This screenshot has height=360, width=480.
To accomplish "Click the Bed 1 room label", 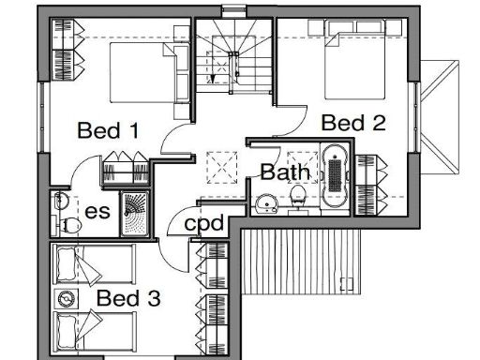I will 109,129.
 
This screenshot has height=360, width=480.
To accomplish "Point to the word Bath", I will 282,172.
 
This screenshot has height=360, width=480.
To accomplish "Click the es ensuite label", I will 97,212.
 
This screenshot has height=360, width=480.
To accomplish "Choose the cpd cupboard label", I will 203,224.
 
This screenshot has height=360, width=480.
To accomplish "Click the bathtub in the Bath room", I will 333,175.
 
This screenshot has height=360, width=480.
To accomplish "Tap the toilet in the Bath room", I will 298,196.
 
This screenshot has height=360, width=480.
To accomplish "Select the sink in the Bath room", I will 266,200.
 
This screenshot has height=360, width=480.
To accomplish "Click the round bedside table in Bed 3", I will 66,298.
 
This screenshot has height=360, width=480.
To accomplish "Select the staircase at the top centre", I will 232,58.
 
